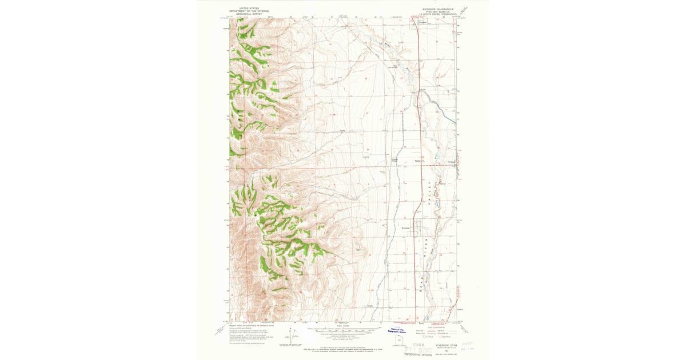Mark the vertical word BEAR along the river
[425, 279]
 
